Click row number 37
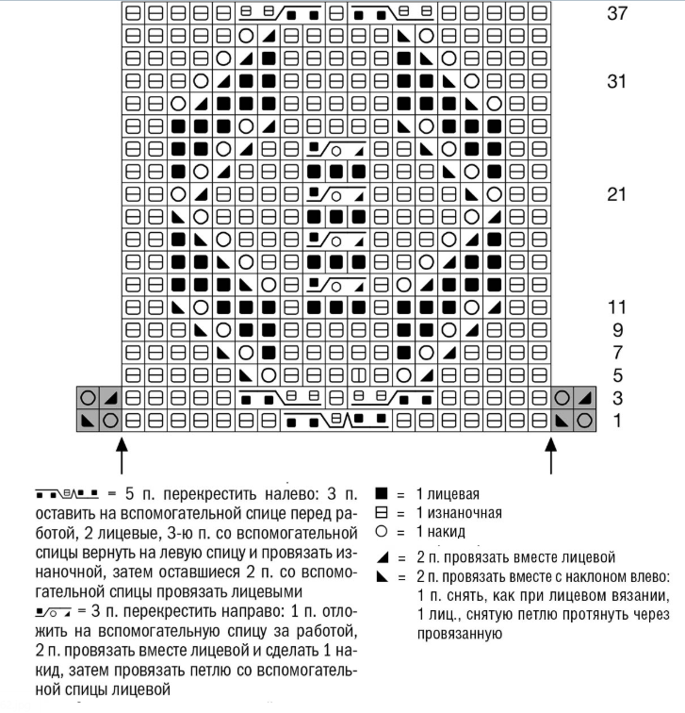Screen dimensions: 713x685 (617, 15)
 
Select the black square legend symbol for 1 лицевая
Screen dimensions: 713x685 (381, 493)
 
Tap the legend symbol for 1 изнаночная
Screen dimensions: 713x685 (381, 513)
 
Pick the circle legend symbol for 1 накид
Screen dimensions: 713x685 (381, 533)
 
